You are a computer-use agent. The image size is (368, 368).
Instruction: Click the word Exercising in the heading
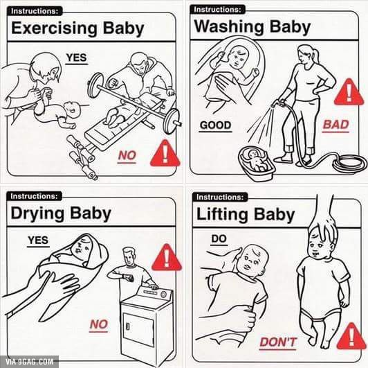point(54,28)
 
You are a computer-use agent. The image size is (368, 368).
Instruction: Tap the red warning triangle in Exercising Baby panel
point(165,154)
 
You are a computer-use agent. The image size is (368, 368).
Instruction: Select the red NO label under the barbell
point(127,156)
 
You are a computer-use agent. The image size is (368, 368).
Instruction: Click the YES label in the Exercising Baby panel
point(77,58)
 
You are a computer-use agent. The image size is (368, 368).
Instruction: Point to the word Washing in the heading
point(230,26)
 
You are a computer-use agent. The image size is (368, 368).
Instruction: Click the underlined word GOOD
point(215,125)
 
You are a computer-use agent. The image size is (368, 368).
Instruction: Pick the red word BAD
point(335,125)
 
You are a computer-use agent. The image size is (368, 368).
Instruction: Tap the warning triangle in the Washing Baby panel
point(349,92)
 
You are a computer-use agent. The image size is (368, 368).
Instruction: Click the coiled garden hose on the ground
point(347,161)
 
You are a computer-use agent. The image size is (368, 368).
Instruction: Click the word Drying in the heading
point(37,214)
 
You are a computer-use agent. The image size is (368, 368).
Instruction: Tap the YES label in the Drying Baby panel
point(38,240)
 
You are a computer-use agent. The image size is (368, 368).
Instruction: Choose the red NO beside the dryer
point(98,325)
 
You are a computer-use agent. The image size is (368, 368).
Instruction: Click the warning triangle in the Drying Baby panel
point(167,258)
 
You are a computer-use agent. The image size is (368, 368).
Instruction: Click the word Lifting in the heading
point(222,214)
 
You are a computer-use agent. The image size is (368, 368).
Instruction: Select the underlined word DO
point(219,239)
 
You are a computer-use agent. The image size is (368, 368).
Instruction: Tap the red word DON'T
point(278,342)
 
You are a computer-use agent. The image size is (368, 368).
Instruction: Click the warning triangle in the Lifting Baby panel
point(351,336)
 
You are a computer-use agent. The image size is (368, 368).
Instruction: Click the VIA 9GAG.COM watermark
point(30,361)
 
